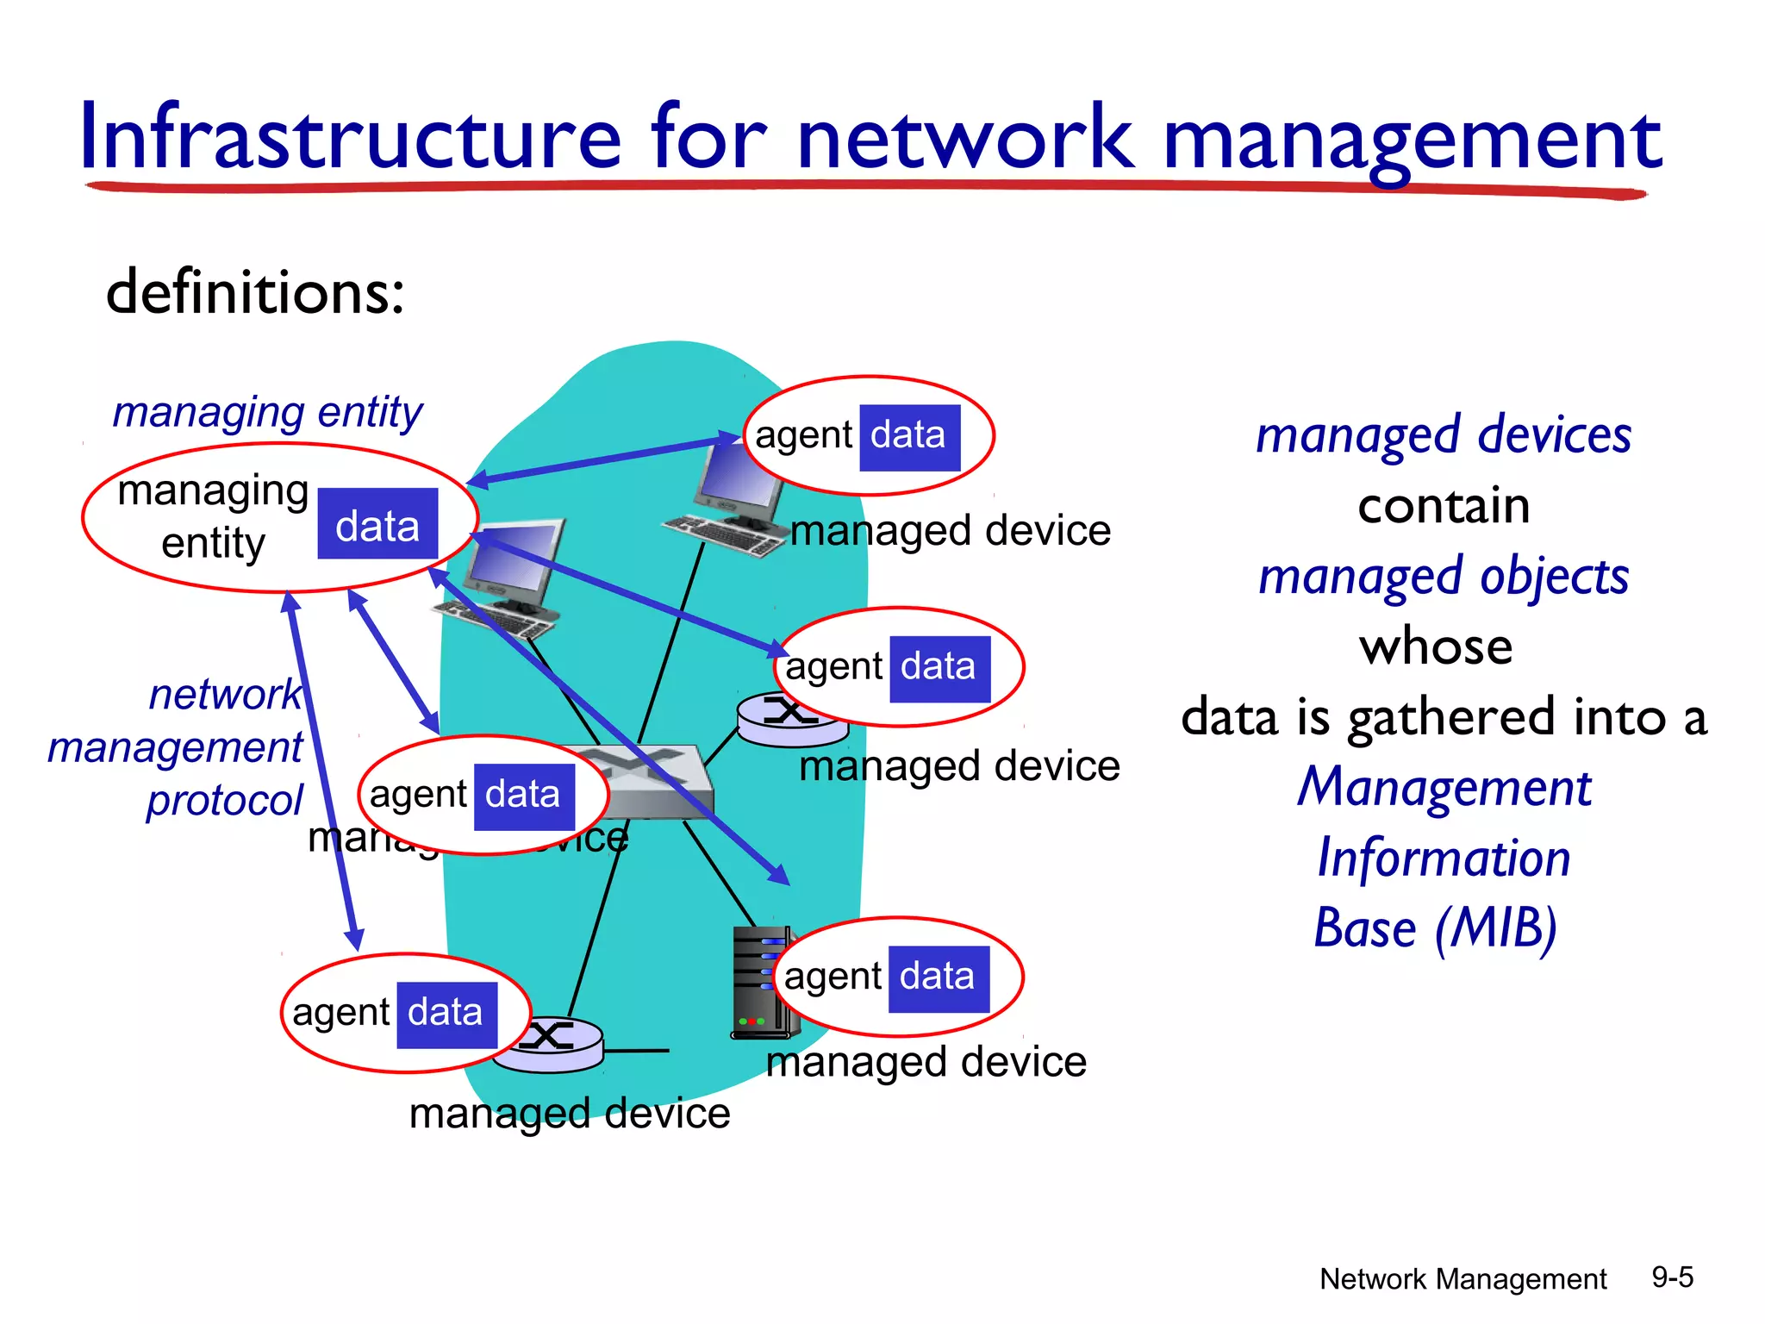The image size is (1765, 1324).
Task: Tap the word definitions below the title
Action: [254, 292]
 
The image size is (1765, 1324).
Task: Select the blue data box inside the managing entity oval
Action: [377, 524]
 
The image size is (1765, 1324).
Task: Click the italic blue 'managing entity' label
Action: [267, 412]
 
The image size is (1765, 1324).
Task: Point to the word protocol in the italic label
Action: [224, 800]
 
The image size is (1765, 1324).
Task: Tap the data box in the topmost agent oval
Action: [909, 437]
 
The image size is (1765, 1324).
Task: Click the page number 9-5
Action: [1672, 1277]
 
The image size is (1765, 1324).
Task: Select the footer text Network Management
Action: [1463, 1279]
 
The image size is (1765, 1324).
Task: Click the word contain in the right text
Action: [1444, 506]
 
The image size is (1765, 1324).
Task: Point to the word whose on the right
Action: [1436, 646]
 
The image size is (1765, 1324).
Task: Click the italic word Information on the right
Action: [1444, 859]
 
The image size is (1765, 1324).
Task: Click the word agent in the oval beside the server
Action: [833, 977]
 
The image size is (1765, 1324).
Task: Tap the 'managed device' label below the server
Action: [926, 1062]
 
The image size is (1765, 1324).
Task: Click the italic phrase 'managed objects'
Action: [1444, 577]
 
